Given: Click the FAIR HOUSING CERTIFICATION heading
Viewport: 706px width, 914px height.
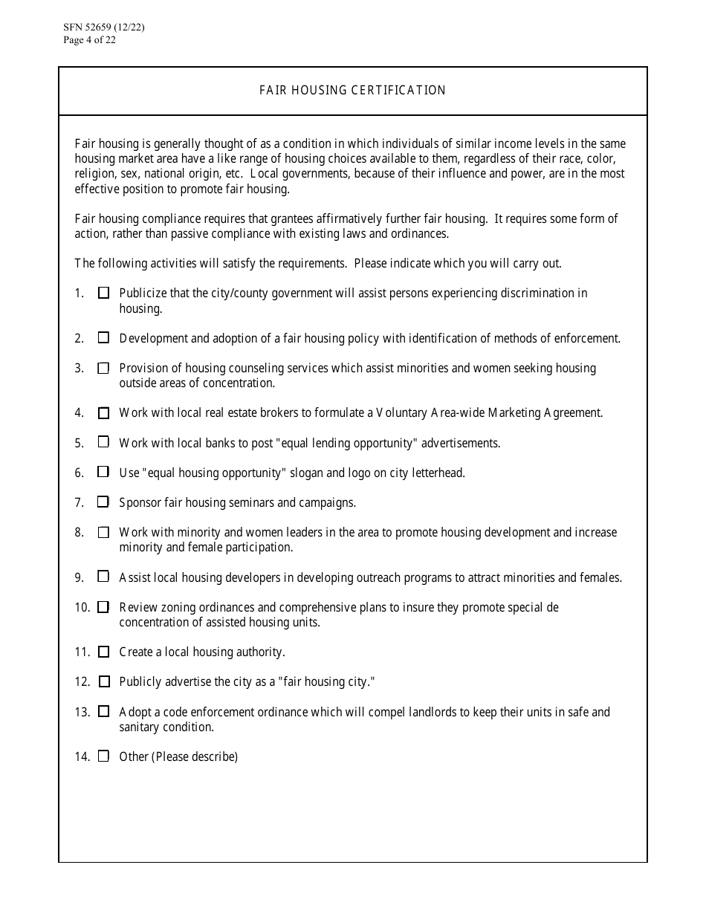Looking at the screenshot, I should tap(352, 91).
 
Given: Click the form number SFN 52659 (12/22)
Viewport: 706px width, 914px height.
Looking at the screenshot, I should tap(104, 28).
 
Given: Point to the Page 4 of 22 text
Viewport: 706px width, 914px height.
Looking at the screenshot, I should tap(90, 40).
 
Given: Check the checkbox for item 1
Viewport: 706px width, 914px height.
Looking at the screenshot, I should tap(103, 293).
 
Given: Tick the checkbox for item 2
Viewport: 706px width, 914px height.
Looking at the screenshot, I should tap(103, 338).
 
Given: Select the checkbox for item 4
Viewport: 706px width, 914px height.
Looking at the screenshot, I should tap(103, 412).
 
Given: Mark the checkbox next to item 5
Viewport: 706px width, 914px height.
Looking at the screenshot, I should tap(103, 442).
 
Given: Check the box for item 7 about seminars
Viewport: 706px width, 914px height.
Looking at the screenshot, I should tap(103, 502).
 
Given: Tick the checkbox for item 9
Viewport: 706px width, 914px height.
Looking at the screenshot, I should tap(103, 577).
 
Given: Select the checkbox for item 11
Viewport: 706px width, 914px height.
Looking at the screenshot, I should tap(103, 652).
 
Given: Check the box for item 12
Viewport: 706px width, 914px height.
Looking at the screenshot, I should tap(103, 681).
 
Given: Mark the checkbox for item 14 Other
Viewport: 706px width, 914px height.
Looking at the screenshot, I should tap(103, 756).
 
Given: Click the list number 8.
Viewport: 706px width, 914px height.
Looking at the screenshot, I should tap(79, 533).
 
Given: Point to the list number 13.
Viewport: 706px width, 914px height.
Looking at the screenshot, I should tap(82, 712).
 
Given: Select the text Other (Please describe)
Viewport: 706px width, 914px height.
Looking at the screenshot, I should tap(178, 757).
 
